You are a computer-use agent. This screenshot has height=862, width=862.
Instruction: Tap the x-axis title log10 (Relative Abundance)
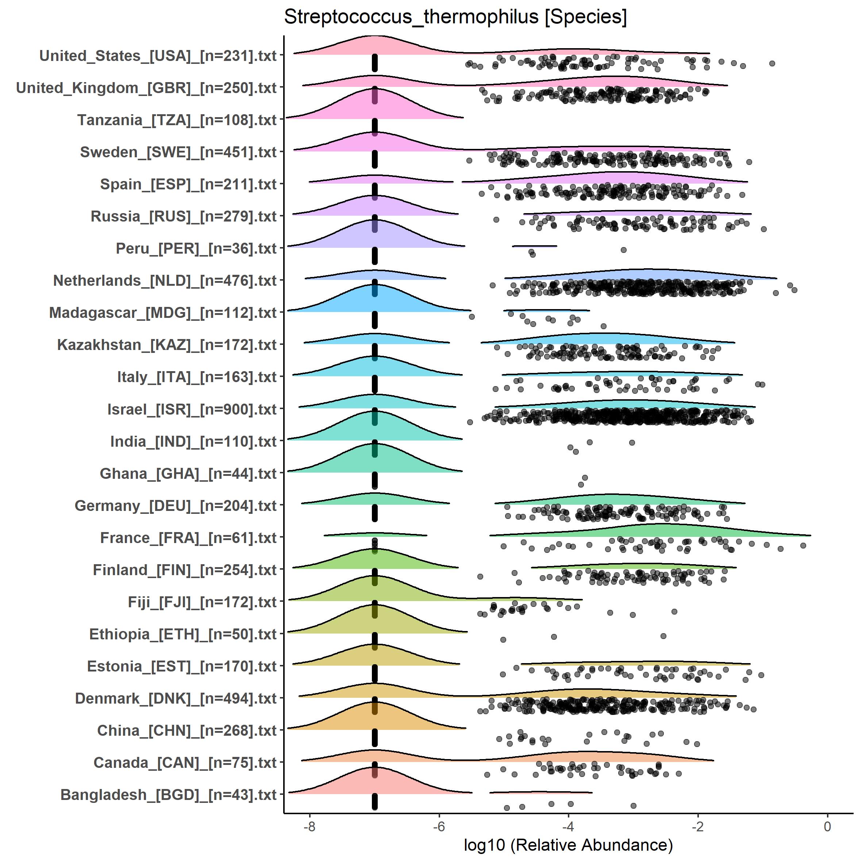pyautogui.click(x=568, y=844)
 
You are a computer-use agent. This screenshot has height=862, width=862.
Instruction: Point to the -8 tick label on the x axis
pyautogui.click(x=309, y=826)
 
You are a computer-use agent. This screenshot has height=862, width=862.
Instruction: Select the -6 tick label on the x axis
pyautogui.click(x=439, y=826)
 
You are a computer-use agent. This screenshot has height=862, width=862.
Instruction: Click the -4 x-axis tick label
pyautogui.click(x=568, y=826)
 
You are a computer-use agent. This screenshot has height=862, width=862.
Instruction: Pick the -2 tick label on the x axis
pyautogui.click(x=698, y=826)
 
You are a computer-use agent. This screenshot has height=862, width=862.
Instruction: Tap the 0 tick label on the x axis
pyautogui.click(x=828, y=826)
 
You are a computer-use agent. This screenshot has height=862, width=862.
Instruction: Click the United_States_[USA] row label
pyautogui.click(x=158, y=56)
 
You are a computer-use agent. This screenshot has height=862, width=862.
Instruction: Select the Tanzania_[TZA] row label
pyautogui.click(x=177, y=120)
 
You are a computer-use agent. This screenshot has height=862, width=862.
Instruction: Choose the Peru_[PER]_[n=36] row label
pyautogui.click(x=196, y=249)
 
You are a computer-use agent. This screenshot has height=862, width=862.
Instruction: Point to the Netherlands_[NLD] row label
pyautogui.click(x=165, y=281)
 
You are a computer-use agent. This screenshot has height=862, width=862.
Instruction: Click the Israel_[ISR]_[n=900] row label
pyautogui.click(x=192, y=409)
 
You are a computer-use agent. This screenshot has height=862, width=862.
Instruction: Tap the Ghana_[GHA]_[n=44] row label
pyautogui.click(x=188, y=473)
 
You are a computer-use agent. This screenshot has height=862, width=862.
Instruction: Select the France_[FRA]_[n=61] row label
pyautogui.click(x=188, y=538)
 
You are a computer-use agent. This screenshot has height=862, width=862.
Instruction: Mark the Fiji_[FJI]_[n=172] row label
pyautogui.click(x=202, y=602)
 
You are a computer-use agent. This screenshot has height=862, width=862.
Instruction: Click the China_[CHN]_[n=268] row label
pyautogui.click(x=186, y=730)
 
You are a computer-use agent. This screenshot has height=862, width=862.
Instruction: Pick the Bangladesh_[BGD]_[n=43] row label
pyautogui.click(x=168, y=794)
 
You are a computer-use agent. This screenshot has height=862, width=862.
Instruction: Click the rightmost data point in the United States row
pyautogui.click(x=772, y=64)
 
